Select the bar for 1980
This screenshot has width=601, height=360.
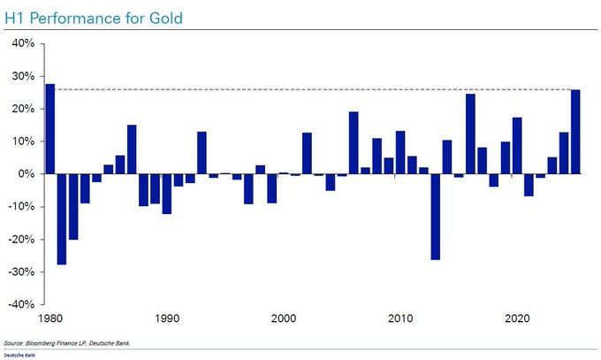[x=50, y=129]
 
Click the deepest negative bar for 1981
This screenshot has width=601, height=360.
[x=62, y=219]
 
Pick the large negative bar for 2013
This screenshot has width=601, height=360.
[x=435, y=217]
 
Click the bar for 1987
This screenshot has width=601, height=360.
[x=132, y=149]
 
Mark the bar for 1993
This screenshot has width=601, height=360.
[x=202, y=153]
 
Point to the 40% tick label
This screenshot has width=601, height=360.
[x=22, y=43]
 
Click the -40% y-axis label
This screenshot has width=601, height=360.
[x=20, y=304]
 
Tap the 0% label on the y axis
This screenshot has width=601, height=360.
[x=26, y=174]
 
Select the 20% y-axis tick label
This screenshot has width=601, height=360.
[x=22, y=109]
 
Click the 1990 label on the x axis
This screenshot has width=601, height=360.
[x=167, y=317]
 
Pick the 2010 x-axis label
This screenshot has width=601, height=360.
[x=400, y=317]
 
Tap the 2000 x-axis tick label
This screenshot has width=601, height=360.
[x=284, y=317]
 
